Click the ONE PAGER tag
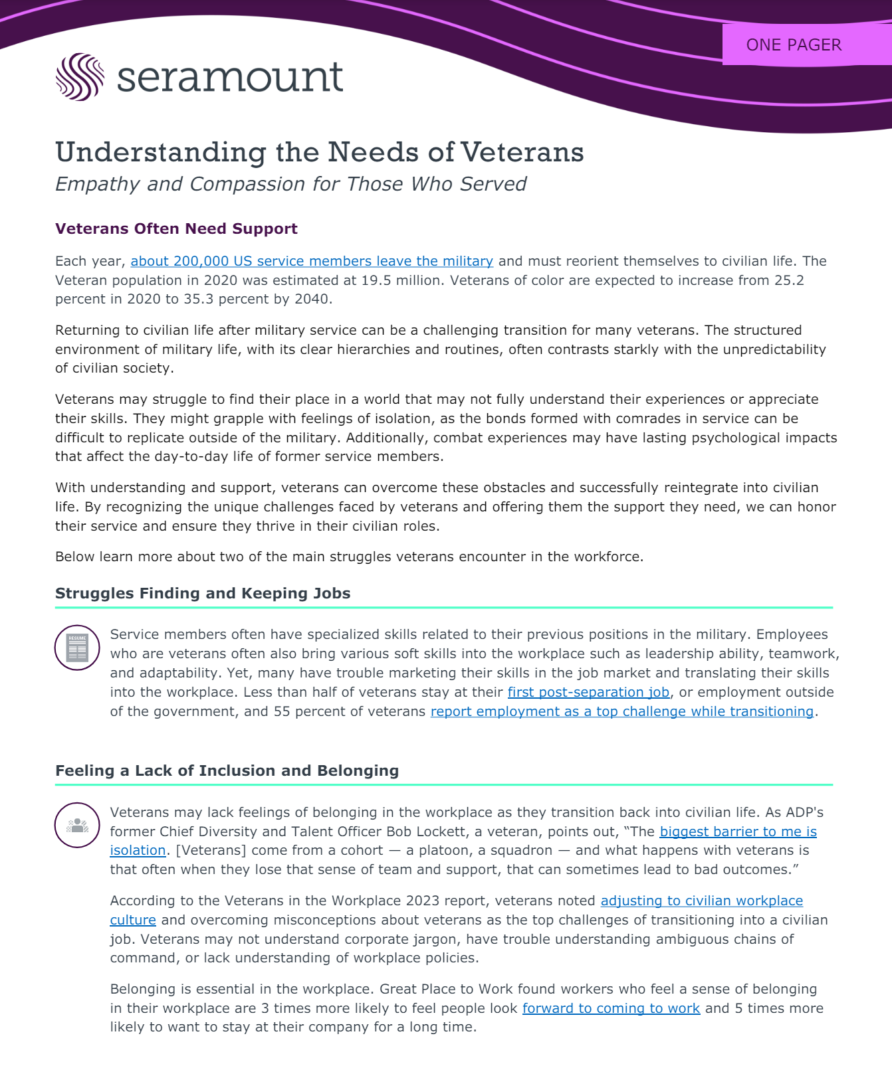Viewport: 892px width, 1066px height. coord(794,44)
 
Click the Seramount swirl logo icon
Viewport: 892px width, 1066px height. coord(80,77)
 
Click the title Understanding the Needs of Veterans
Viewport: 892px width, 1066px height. coord(320,152)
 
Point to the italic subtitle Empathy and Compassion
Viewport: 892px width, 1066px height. coord(290,184)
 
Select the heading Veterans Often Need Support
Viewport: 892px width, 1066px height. coord(176,228)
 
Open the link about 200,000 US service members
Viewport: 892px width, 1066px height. coord(312,261)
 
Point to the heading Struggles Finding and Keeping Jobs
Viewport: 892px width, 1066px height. coord(203,593)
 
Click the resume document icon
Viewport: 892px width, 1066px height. coord(77,648)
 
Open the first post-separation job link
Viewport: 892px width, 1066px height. coord(588,692)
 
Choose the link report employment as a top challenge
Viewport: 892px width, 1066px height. coord(622,711)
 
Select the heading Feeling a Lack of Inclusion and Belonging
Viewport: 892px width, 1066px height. coord(227,770)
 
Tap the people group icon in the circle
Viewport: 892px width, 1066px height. coord(77,825)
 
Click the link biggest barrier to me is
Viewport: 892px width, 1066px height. coord(738,832)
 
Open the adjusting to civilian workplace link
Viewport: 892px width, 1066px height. coord(702,901)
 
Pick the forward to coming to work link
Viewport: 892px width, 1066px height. coord(611,1008)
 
